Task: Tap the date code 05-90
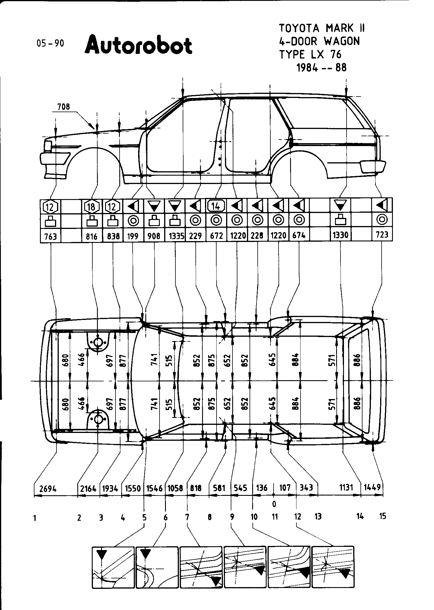(50, 43)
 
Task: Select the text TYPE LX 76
(310, 54)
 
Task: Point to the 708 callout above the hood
(63, 107)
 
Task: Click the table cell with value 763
(51, 236)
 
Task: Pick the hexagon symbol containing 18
(92, 207)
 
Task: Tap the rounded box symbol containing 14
(216, 206)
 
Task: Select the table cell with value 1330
(340, 235)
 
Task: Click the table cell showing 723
(382, 234)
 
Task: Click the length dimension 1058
(175, 488)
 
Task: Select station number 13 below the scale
(318, 516)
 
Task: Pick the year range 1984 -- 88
(321, 68)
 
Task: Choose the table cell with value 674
(299, 236)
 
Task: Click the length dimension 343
(306, 488)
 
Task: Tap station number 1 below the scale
(35, 518)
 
